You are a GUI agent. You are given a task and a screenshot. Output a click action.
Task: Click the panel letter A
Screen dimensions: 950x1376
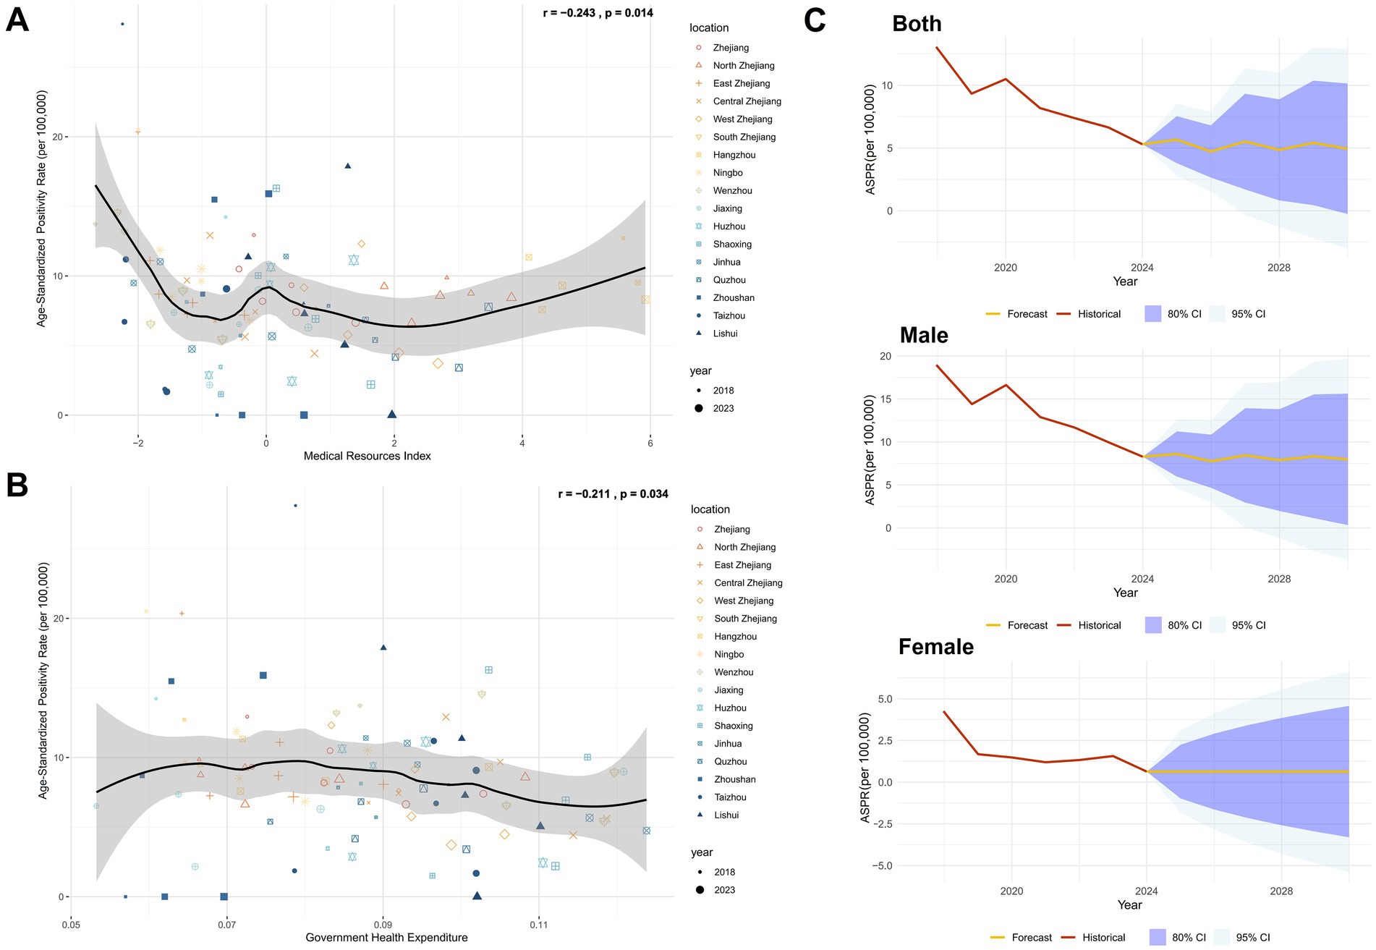pos(17,20)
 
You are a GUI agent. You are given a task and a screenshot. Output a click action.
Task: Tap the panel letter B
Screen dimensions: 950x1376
pos(17,485)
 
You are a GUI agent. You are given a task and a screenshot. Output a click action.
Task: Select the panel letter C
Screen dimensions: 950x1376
pos(815,20)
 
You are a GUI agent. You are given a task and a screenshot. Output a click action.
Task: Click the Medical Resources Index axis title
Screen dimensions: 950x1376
pos(367,456)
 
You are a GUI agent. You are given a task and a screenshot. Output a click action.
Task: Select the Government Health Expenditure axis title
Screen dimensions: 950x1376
pos(386,938)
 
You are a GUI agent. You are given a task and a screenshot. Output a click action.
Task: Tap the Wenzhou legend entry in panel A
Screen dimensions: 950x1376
pos(732,190)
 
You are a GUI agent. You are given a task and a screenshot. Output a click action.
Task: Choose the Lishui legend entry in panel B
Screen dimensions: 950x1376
pos(726,815)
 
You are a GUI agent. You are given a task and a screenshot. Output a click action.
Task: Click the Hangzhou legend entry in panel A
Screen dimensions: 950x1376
pos(734,155)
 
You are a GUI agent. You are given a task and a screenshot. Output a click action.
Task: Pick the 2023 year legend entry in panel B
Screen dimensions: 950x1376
pos(724,890)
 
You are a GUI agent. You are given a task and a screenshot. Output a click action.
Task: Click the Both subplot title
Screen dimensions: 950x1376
pos(917,24)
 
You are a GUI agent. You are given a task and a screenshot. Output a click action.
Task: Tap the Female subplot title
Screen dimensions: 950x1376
pos(935,647)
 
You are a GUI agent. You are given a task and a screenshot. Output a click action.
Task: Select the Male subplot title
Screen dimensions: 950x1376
pos(924,336)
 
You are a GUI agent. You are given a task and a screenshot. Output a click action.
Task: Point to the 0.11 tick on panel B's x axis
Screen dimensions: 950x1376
pos(538,925)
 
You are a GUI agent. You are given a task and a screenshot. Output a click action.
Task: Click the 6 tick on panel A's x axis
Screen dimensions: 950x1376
pos(650,444)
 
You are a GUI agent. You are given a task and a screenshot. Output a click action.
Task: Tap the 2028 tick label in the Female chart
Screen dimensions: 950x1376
pos(1281,891)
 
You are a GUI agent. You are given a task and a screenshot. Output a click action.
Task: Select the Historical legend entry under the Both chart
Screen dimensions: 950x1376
pos(1098,314)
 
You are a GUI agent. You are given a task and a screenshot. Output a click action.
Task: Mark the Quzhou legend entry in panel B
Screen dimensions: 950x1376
pos(730,761)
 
